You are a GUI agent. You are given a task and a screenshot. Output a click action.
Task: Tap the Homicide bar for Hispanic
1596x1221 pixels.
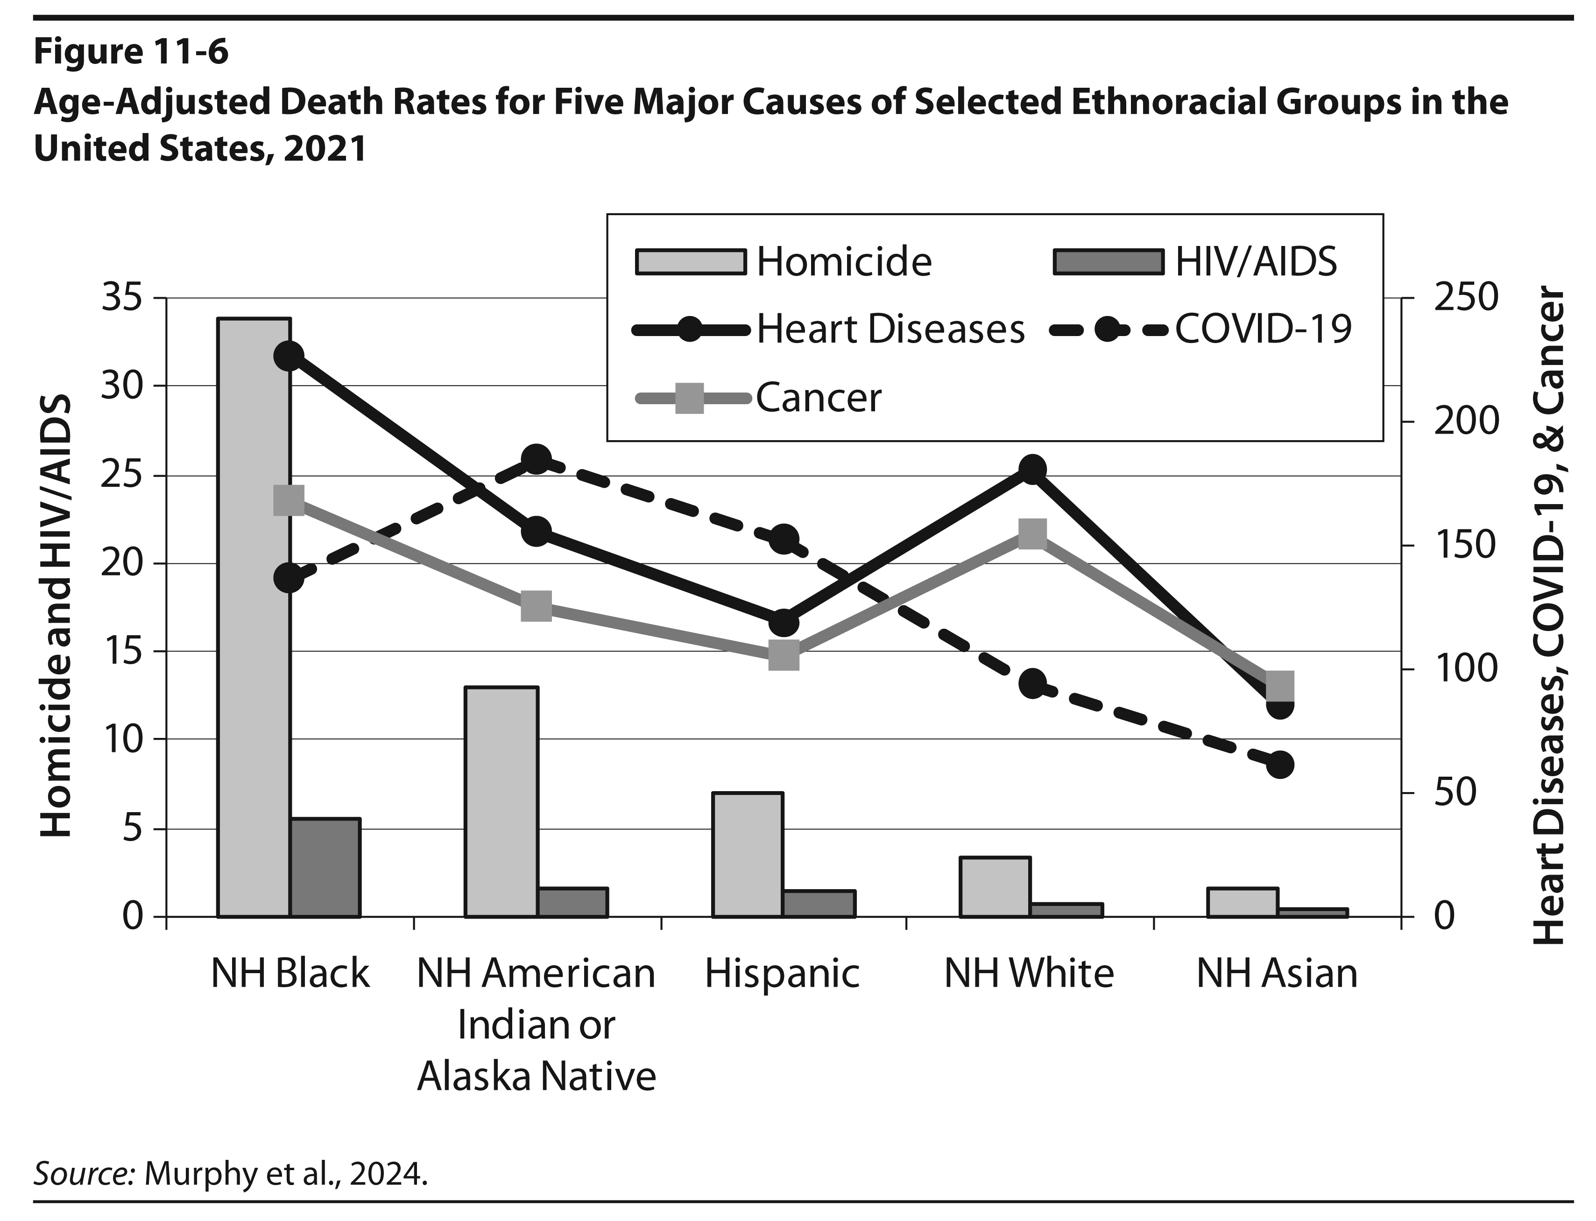748,855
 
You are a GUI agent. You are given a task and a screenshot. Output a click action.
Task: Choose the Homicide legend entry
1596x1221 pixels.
784,262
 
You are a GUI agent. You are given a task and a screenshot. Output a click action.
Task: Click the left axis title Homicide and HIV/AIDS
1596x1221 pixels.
55,616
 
